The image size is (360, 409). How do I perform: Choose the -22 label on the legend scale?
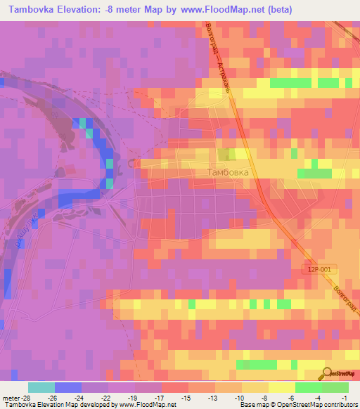(x=108, y=397)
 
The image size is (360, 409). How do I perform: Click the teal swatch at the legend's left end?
(x=41, y=387)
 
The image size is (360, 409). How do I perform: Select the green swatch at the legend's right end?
(x=335, y=387)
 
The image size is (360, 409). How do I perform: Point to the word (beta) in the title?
(x=278, y=10)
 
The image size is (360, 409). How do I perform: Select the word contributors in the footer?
(x=340, y=405)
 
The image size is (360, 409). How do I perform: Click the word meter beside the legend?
(x=12, y=397)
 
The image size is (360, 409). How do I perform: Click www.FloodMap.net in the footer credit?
(x=147, y=405)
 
